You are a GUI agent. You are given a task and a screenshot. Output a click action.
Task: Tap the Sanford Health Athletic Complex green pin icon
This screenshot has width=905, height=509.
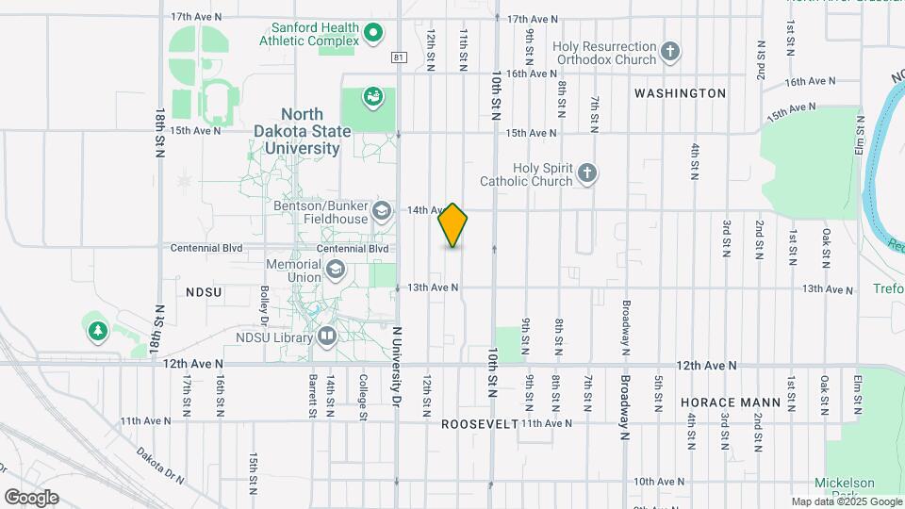pos(372,35)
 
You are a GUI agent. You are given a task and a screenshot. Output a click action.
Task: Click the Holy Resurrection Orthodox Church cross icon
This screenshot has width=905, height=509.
pos(670,51)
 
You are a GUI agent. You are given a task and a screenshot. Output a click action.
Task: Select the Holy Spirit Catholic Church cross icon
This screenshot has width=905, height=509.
pos(587,172)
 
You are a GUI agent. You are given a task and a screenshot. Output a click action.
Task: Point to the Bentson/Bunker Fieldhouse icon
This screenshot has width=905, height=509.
pos(381,210)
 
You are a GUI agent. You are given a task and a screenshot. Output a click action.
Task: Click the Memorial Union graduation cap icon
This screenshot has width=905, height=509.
pos(335,271)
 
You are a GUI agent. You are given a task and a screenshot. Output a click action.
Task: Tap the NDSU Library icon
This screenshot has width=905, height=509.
pos(326,335)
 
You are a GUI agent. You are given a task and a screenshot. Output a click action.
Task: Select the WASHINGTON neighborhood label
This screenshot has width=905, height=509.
pos(680,93)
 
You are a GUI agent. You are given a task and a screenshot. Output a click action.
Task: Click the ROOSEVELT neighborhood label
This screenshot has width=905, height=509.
pos(480,424)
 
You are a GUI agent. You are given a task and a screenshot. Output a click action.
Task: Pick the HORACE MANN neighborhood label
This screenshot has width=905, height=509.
pos(731,402)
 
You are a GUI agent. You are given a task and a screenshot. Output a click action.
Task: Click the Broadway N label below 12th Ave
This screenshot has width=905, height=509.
pos(624,407)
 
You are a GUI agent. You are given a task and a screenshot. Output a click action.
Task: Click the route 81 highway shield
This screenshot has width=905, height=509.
pos(400,57)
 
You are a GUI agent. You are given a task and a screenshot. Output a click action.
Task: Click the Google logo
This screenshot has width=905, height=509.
pos(31,497)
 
